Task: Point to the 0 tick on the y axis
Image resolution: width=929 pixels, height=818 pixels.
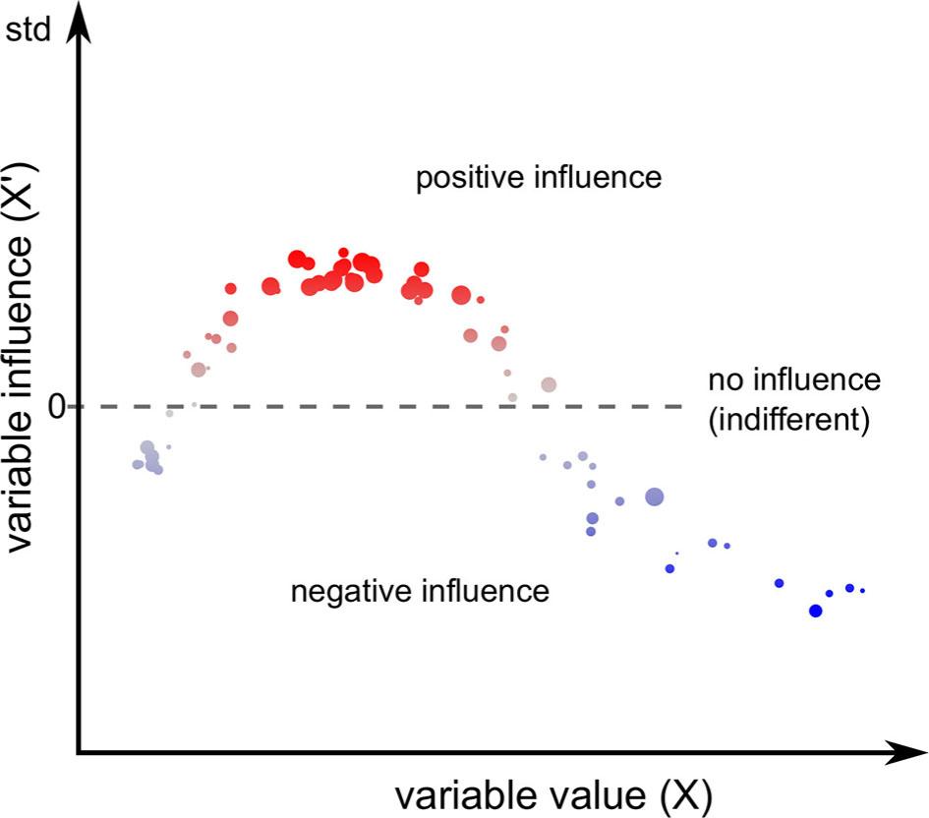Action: click(57, 406)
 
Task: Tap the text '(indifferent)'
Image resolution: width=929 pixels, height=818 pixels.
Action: click(788, 420)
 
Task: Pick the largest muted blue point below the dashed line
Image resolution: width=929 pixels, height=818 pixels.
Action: click(654, 497)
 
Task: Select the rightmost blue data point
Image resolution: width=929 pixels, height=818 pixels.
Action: click(862, 591)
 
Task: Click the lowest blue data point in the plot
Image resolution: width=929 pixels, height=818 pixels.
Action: click(815, 611)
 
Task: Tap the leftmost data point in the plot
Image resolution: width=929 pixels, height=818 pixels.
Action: click(138, 464)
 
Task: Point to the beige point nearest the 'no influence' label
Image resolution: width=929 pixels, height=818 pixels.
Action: click(549, 384)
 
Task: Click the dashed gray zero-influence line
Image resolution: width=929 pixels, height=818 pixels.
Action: click(393, 406)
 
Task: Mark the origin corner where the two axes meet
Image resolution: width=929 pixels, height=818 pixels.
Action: click(79, 754)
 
